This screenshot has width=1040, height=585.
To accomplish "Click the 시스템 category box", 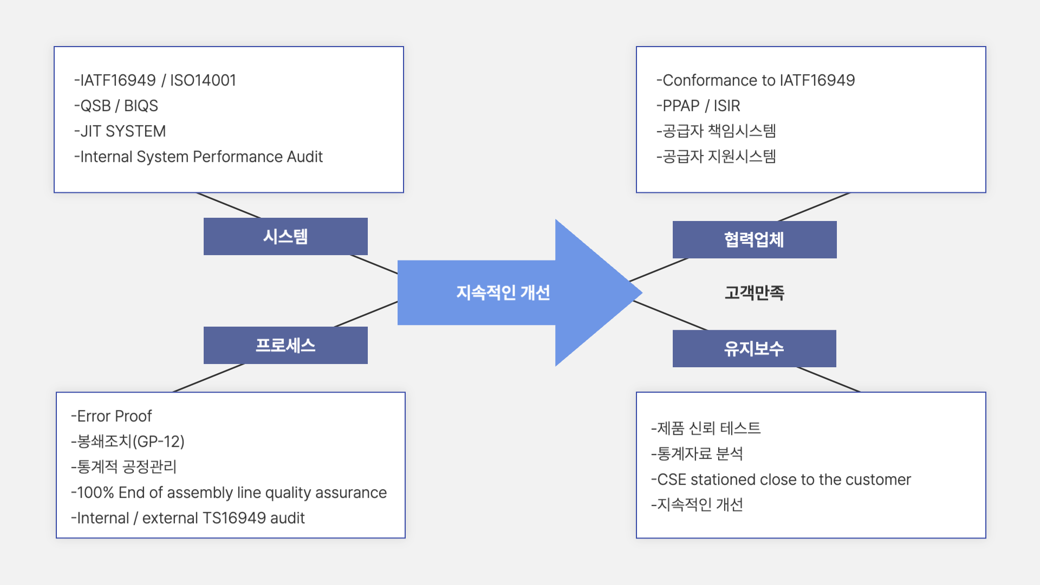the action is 285,236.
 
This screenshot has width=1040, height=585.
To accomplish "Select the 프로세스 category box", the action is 285,345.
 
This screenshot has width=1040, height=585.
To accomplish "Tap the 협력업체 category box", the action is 755,239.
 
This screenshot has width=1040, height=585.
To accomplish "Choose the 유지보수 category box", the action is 755,348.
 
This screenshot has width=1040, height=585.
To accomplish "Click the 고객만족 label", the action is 755,292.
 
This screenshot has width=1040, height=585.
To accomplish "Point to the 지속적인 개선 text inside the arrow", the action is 503,292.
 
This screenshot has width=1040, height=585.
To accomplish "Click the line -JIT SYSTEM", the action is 120,131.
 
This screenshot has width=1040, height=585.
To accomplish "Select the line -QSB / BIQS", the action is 116,106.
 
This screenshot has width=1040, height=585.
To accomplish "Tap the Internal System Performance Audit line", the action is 198,157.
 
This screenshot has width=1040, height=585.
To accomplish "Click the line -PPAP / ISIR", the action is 698,106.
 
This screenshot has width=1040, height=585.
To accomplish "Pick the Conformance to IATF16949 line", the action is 756,80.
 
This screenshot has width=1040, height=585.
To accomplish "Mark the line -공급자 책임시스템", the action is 716,131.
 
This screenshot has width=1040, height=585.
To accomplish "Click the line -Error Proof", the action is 112,416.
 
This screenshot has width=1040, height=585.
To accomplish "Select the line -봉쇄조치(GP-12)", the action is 128,441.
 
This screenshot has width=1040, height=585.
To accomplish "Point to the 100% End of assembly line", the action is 229,492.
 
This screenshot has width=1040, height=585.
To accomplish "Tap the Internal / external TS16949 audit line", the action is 188,518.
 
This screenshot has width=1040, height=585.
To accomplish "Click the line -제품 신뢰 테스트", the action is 706,428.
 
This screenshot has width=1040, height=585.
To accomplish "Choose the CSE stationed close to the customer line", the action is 781,479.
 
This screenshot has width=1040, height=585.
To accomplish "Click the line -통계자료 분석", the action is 697,454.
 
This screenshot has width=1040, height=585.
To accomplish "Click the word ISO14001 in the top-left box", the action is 203,80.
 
